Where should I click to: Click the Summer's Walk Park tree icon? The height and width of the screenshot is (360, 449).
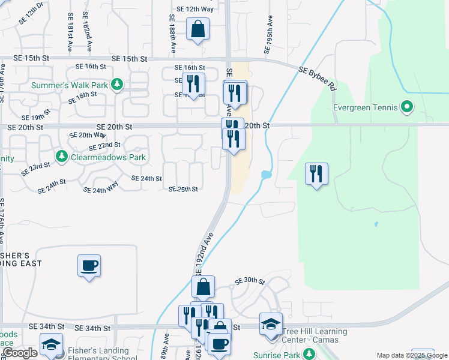118,85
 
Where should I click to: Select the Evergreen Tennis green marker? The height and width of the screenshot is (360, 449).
407,107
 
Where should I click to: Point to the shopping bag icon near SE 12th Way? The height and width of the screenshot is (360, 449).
197,29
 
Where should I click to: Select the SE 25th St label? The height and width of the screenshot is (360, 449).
183,189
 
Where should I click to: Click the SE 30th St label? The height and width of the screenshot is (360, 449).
250,281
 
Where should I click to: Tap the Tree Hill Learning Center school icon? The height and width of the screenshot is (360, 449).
270,324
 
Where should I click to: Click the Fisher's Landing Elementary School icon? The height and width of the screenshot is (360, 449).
52,344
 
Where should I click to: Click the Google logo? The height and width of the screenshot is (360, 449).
20,353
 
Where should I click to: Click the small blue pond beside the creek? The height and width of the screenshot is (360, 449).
266,175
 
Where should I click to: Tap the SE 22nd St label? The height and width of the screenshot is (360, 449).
104,146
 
